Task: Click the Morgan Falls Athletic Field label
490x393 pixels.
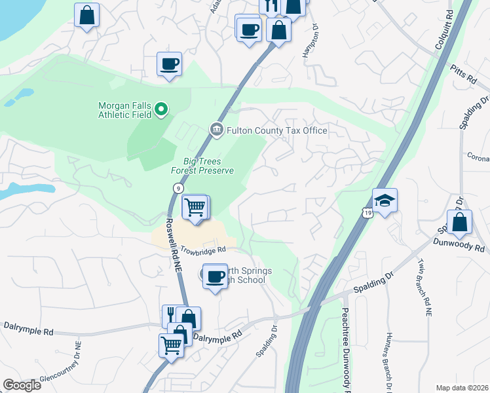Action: pos(124,109)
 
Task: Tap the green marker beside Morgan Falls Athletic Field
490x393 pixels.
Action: pos(160,109)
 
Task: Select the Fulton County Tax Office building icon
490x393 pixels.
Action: pos(216,130)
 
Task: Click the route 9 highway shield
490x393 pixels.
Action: pos(178,188)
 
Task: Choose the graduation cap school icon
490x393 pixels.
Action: pos(385,200)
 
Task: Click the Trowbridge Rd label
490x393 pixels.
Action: pos(203,250)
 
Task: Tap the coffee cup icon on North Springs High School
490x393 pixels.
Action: pos(214,276)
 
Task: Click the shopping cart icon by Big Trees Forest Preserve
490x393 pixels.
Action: pos(195,207)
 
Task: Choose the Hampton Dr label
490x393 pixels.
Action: pos(311,41)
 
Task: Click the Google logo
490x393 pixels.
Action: pos(22,385)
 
